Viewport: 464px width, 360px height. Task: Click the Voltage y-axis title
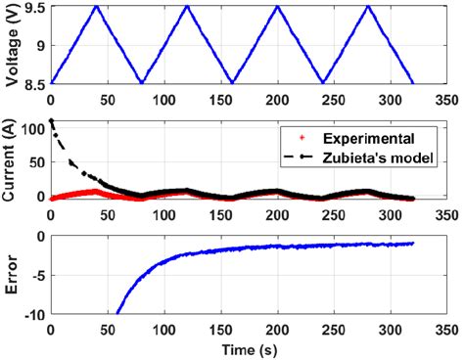click(11, 44)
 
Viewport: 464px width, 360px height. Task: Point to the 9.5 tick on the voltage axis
click(33, 7)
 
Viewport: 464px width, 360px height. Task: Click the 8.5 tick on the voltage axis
click(33, 83)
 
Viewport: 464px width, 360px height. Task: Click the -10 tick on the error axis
click(30, 315)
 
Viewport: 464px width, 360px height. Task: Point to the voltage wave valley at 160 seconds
click(232, 82)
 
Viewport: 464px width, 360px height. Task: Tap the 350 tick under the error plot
click(445, 330)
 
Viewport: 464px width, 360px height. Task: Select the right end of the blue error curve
click(413, 244)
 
